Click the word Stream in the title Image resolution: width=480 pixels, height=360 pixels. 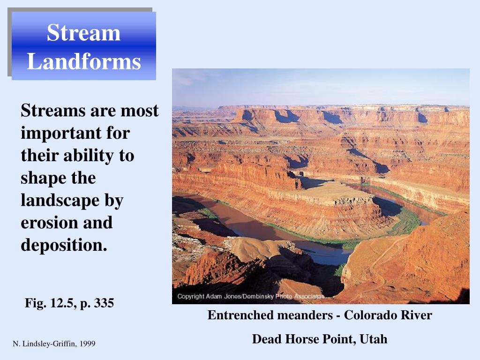tap(83, 33)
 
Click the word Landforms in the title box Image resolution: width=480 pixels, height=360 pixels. tap(83, 61)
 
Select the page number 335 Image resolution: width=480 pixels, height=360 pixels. tap(104, 303)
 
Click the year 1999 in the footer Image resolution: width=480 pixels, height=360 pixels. tap(88, 344)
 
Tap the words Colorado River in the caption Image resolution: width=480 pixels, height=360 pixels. tap(388, 315)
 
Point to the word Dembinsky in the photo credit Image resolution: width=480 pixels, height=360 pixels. tap(260, 297)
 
